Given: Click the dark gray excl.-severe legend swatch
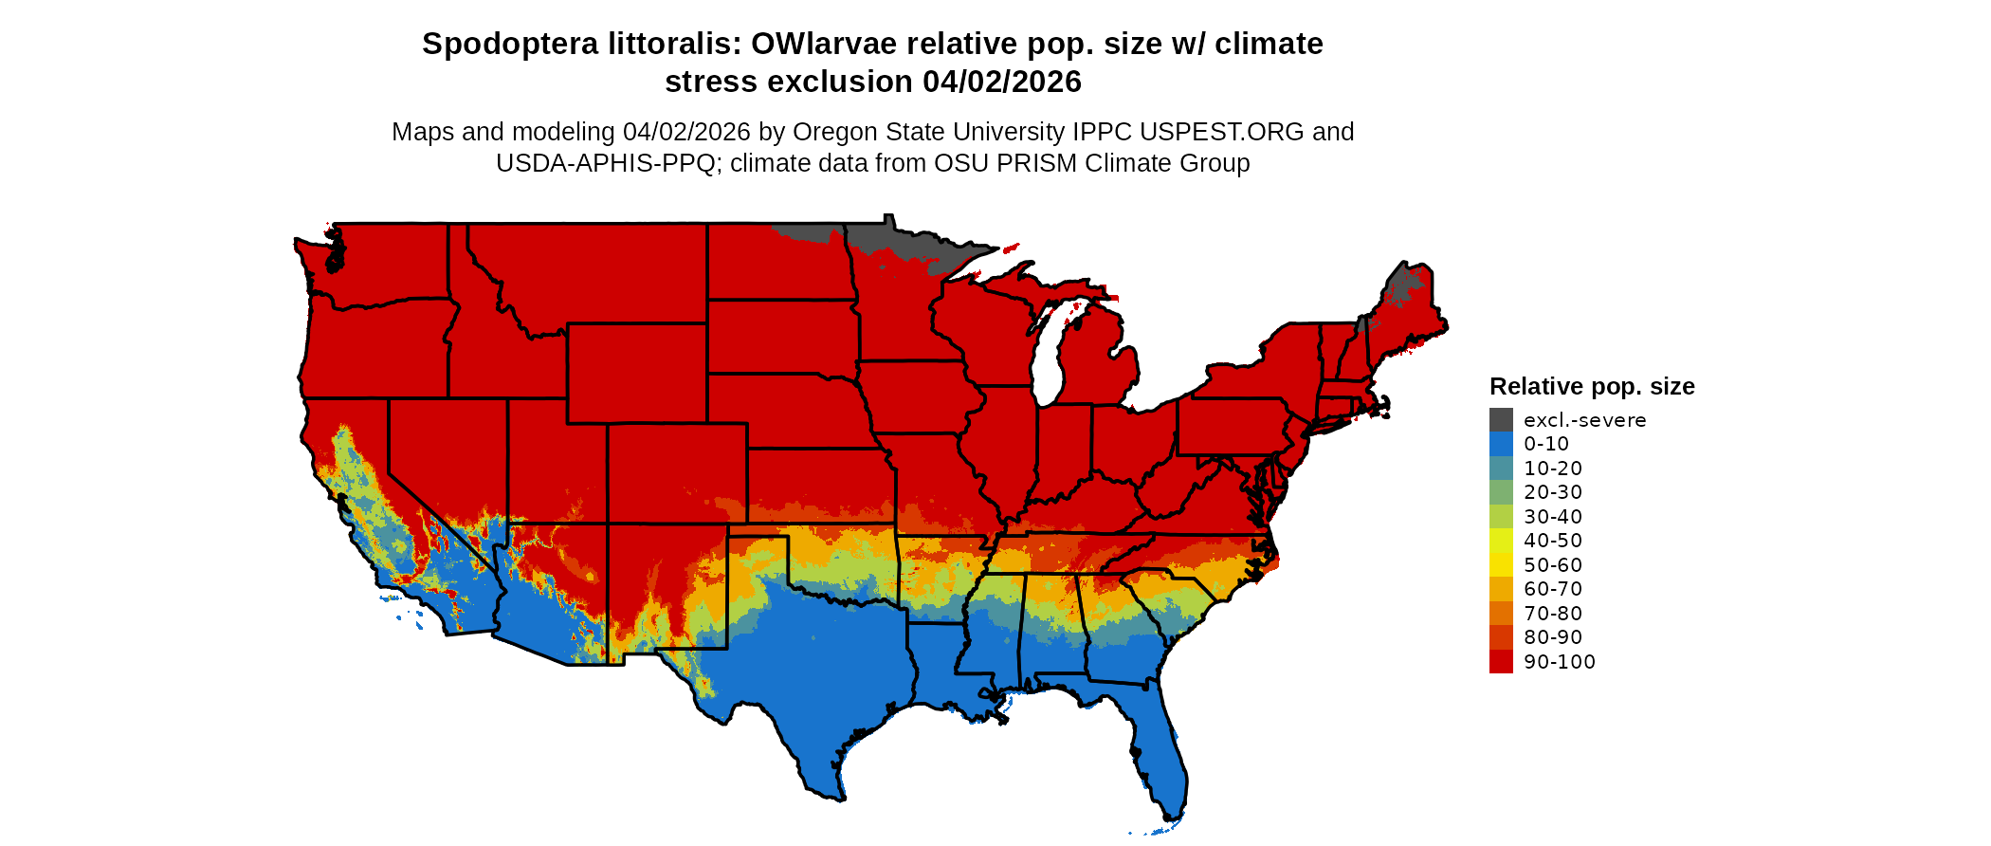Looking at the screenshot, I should [1501, 420].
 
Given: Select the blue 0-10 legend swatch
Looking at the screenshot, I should [1501, 444].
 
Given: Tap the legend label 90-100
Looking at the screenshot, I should [1559, 662].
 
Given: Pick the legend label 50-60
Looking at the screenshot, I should [1553, 565].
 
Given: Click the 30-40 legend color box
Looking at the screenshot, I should [1501, 517].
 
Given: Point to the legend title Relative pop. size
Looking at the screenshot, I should [1591, 387].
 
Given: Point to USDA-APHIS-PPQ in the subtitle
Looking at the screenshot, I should [605, 163].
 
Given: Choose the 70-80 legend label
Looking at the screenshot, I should [1553, 614].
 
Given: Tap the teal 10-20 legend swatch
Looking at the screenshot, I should [1501, 469].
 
